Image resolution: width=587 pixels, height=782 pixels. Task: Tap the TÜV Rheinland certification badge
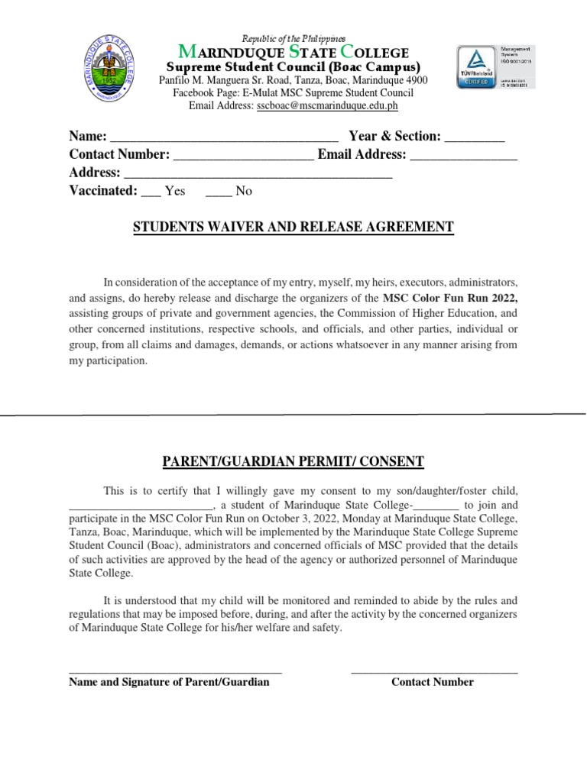[476, 67]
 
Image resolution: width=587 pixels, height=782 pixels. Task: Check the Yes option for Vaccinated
[151, 192]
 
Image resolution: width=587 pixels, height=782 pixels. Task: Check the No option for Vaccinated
[219, 192]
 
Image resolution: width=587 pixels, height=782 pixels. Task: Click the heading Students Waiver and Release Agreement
[293, 227]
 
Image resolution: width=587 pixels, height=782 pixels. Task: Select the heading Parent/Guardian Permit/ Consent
[293, 461]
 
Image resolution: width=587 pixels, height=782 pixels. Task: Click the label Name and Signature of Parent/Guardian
[169, 682]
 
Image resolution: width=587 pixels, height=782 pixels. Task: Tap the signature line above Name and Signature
[175, 671]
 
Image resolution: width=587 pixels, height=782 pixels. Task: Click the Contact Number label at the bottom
[433, 682]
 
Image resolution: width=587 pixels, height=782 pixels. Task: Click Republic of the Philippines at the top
[293, 38]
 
